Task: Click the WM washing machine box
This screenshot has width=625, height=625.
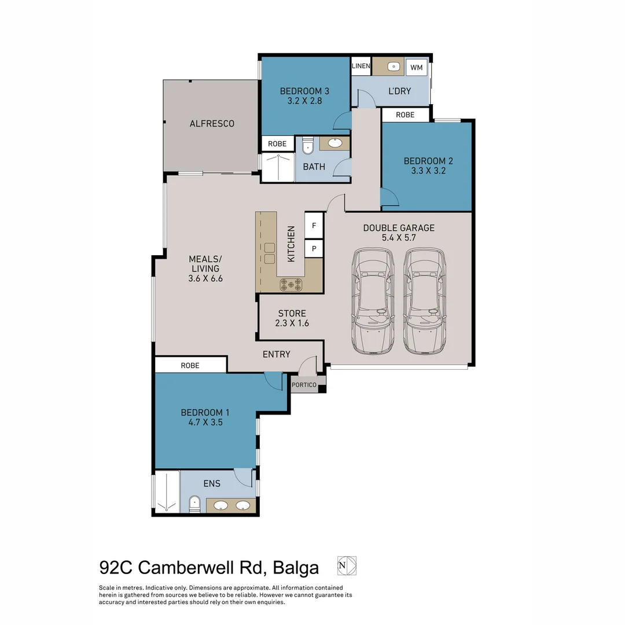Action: [x=416, y=68]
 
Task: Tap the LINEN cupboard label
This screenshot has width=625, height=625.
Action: [x=361, y=67]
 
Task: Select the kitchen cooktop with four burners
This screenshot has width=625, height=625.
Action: [x=291, y=284]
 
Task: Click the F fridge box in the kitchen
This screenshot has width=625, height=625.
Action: [x=314, y=226]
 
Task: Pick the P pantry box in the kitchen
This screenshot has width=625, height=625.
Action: [x=314, y=249]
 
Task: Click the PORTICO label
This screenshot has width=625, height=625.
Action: [x=304, y=384]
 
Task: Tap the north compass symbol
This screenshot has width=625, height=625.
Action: [x=347, y=565]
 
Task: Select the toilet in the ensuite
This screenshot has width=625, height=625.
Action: [x=195, y=505]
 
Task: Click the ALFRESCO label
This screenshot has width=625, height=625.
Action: [x=212, y=123]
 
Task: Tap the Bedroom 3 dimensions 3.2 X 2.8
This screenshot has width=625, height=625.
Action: [x=304, y=101]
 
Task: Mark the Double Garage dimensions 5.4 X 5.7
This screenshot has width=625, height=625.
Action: [x=398, y=237]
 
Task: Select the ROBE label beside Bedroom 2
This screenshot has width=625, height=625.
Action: [x=405, y=115]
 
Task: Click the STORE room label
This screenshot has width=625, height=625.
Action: [x=292, y=313]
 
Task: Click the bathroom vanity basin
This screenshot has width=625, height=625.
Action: [x=334, y=143]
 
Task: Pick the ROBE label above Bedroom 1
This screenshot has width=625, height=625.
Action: [x=190, y=365]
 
